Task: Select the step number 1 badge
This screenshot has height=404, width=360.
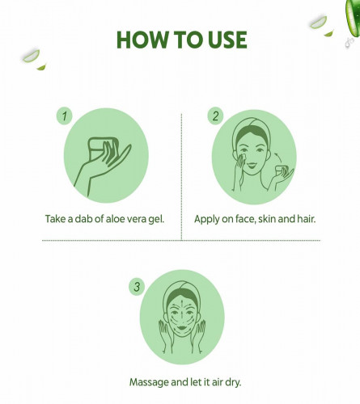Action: (x=65, y=116)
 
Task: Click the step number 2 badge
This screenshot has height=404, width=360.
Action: (x=215, y=116)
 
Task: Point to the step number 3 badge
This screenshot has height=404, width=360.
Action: (x=137, y=287)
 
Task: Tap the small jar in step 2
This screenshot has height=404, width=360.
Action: (x=282, y=171)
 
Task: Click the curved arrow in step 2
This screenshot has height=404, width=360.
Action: (x=277, y=158)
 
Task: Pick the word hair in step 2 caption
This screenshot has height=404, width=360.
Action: (x=307, y=219)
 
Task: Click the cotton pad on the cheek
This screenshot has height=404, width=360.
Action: (x=242, y=157)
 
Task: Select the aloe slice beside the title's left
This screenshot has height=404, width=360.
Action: (x=31, y=56)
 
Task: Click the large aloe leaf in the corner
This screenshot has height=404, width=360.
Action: (x=353, y=18)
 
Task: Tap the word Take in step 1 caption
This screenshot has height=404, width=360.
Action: (x=56, y=219)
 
